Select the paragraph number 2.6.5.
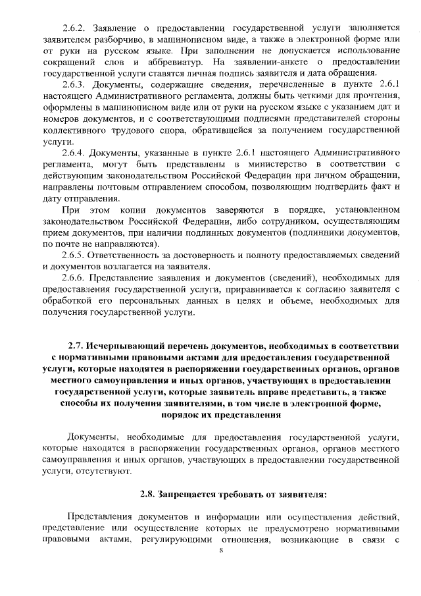click(74, 255)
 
